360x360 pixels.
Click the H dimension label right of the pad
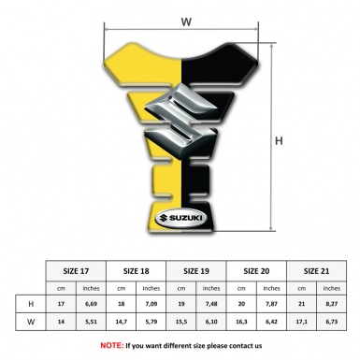(278, 141)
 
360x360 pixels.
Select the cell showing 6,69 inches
(91, 304)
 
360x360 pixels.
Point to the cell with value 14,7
(122, 323)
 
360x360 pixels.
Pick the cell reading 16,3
(243, 323)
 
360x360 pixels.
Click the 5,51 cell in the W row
(91, 323)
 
